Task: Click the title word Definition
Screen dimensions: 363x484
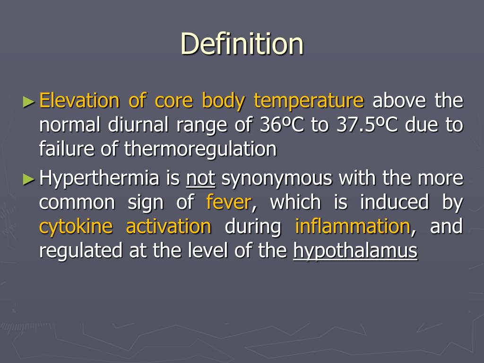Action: [x=242, y=44]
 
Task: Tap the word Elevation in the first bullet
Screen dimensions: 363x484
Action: [x=79, y=101]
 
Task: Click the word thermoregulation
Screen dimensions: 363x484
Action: [x=200, y=149]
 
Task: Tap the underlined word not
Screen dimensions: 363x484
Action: [x=201, y=178]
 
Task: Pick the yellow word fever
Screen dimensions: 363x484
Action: [x=229, y=202]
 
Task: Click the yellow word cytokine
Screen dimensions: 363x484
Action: [x=76, y=227]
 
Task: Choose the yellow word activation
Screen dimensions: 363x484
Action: [x=168, y=226]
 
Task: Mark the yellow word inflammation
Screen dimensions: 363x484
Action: [x=352, y=226]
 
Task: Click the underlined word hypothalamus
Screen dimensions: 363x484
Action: [x=355, y=251]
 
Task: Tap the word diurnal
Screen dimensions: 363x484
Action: [x=134, y=125]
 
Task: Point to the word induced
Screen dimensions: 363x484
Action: [x=394, y=202]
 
